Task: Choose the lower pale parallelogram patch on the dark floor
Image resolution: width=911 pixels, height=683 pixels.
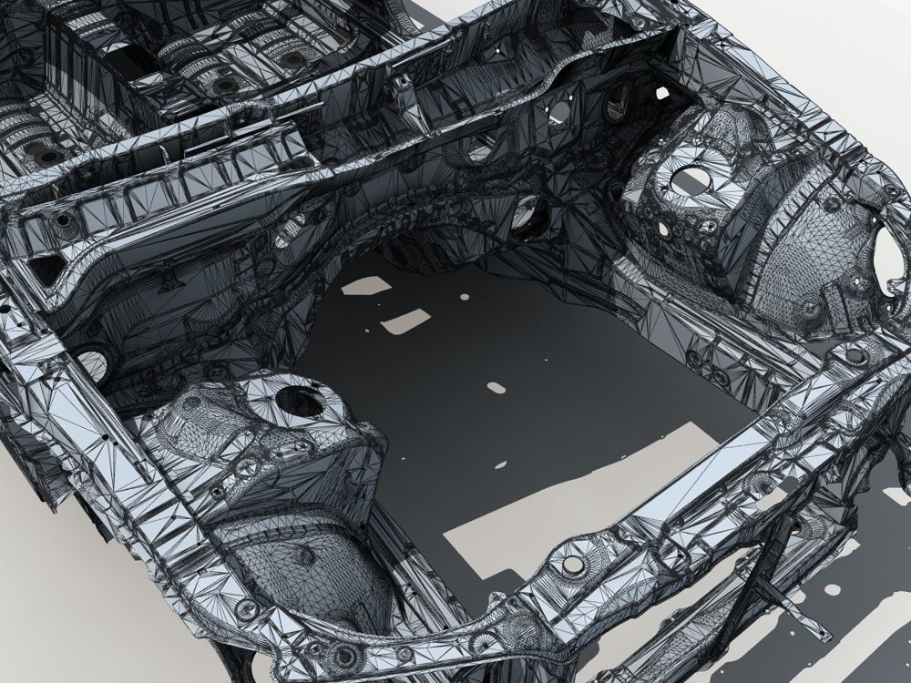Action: [404, 320]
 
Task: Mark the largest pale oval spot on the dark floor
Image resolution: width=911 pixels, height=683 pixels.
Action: [496, 387]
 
